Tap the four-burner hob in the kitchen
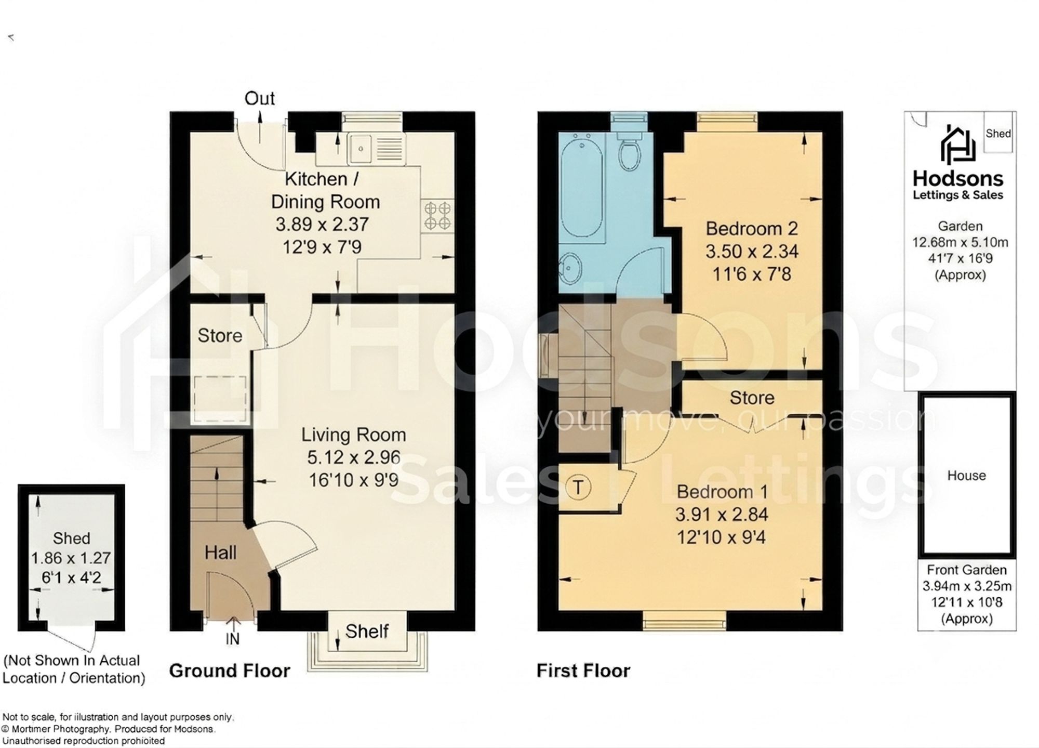437,216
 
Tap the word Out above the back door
259,98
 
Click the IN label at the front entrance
232,639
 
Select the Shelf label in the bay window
367,631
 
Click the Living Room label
354,435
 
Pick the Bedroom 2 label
751,228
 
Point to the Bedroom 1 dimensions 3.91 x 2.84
722,515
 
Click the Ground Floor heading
230,671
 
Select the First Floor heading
583,671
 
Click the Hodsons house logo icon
958,144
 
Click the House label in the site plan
966,475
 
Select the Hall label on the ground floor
221,552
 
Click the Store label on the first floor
752,398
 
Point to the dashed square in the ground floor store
220,399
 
